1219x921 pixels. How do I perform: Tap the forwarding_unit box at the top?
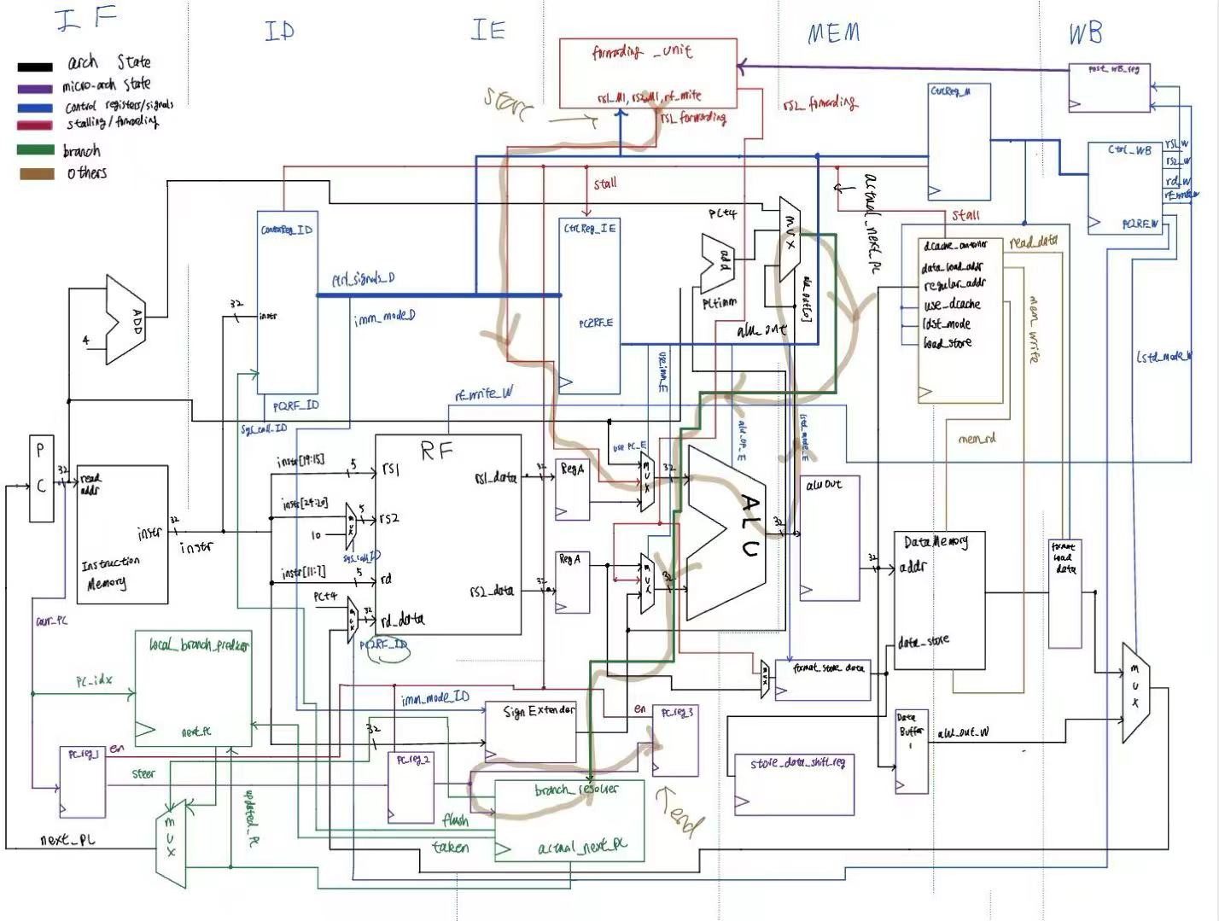click(x=648, y=73)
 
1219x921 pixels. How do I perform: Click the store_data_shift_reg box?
click(x=793, y=784)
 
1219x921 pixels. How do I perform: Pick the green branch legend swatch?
click(x=34, y=150)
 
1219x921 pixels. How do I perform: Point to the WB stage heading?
click(x=1085, y=33)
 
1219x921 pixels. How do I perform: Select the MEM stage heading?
click(x=833, y=34)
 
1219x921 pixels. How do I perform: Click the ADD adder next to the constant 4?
click(x=125, y=318)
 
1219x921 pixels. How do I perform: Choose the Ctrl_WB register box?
click(x=1124, y=189)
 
